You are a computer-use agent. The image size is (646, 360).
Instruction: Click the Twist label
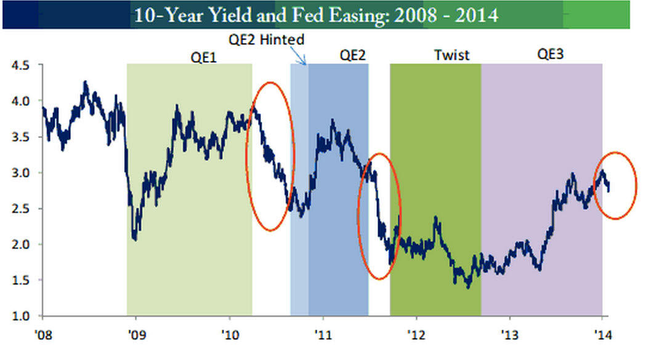(451, 55)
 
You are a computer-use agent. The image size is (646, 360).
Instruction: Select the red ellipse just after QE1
(270, 156)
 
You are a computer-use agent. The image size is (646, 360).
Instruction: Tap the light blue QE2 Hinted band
(299, 185)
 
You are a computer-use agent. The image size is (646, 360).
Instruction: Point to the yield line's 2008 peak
(86, 82)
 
